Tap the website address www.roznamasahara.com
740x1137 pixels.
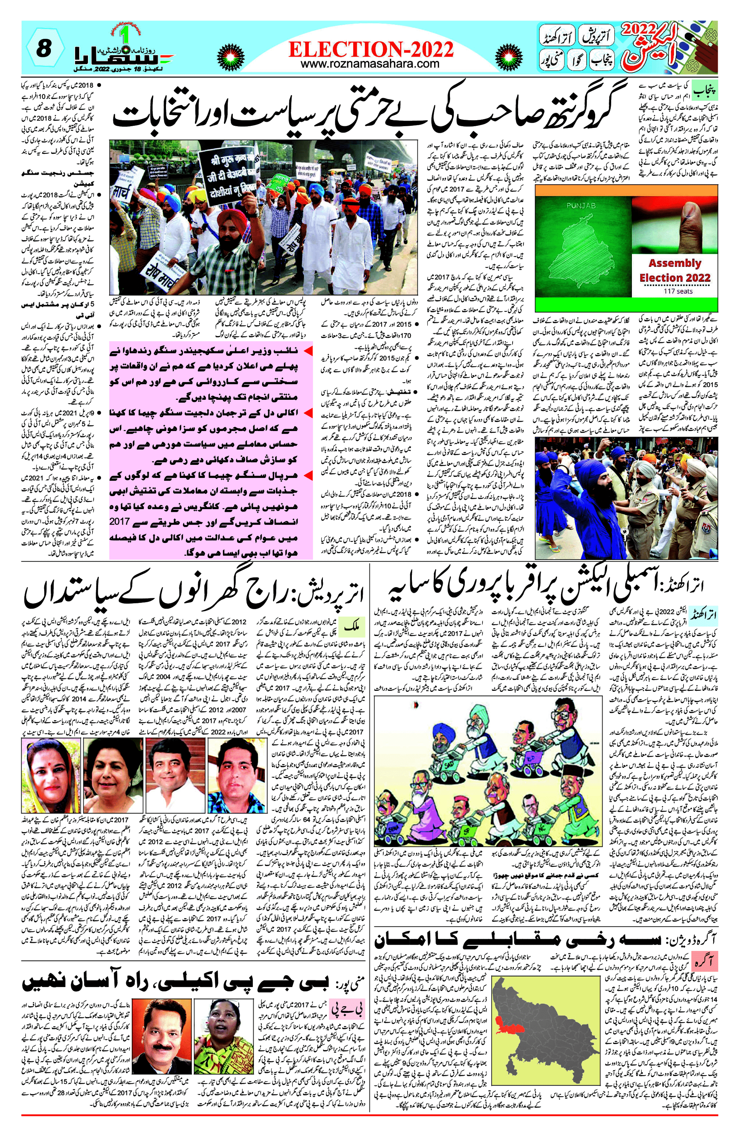[x=370, y=63]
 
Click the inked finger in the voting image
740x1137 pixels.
[x=688, y=217]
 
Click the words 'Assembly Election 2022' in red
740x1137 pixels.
[x=675, y=270]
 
